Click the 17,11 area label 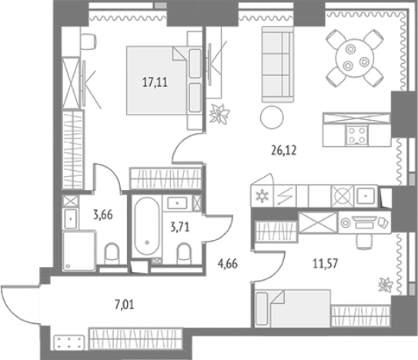coord(155,82)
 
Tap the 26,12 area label coord(284,151)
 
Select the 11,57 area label coord(325,263)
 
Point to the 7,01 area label coord(124,305)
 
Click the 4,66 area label coord(228,264)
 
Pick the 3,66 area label coord(103,215)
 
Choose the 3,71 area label coord(180,227)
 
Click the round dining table coord(355,58)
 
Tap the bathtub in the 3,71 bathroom coord(147,226)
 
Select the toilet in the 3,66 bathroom coord(112,253)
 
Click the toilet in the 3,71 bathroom coord(184,253)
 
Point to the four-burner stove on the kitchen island coord(357,135)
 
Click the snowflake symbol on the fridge coord(262,197)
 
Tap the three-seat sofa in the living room coord(277,64)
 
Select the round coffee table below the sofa coord(272,117)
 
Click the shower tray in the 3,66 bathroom coord(79,251)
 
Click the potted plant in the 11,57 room coord(386,285)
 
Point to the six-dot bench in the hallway coord(69,342)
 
